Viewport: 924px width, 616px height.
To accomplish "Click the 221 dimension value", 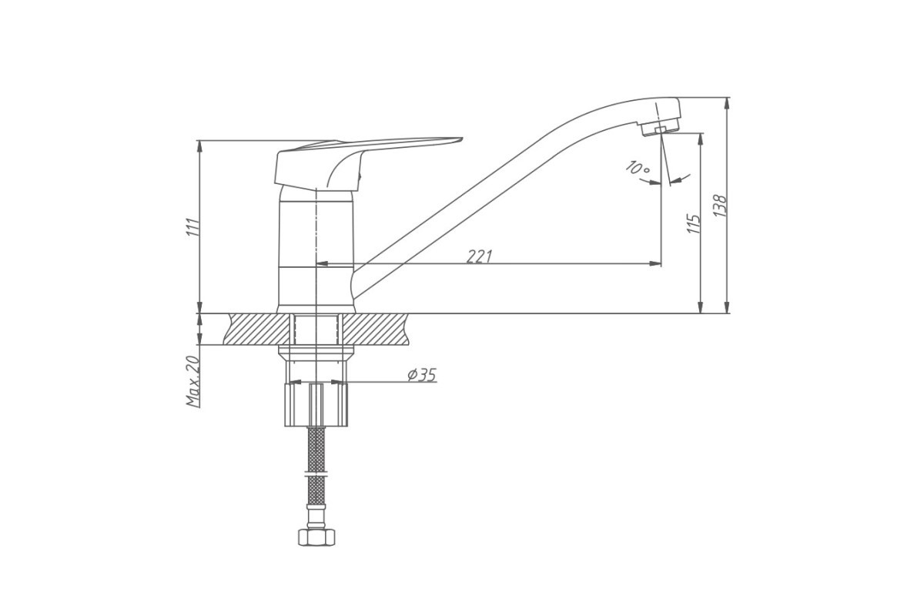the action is [x=479, y=256].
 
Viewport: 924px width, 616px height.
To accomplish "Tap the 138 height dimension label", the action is [x=720, y=206].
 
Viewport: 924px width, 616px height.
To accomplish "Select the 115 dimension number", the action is [x=694, y=224].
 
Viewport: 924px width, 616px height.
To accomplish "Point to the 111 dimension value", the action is [x=192, y=227].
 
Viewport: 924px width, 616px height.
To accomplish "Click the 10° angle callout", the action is [x=638, y=168].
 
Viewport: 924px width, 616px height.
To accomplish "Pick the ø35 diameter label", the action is [x=422, y=375].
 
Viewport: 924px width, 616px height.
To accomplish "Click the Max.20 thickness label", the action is [x=192, y=381].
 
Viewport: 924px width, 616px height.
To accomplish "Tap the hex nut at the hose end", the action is [x=316, y=537].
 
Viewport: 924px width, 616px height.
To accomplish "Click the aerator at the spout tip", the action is [x=660, y=126].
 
